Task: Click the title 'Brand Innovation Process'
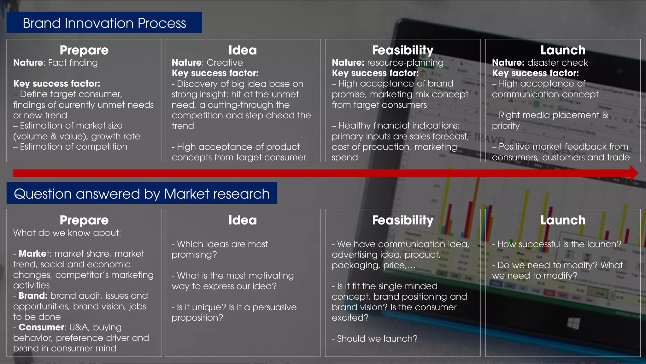point(104,23)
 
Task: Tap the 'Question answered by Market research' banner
point(142,194)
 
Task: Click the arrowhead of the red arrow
point(634,173)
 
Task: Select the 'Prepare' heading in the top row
point(84,50)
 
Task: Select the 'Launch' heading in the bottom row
point(563,220)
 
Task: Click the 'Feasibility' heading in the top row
point(402,50)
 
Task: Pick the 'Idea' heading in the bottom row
point(242,220)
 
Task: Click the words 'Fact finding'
point(73,63)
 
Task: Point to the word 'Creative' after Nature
point(225,63)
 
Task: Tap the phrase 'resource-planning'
point(405,63)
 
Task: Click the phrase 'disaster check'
point(557,63)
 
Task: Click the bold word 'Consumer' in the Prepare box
point(41,327)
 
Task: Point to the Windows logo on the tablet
point(573,323)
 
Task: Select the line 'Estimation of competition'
point(73,147)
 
